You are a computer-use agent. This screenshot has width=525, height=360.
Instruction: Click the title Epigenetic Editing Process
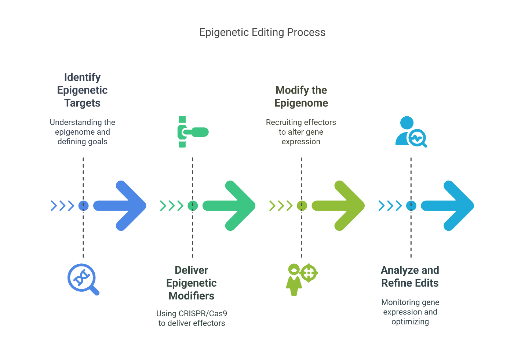[262, 32]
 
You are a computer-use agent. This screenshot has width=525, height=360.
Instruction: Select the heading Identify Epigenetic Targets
[83, 90]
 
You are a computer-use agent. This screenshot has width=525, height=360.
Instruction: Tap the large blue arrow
[121, 206]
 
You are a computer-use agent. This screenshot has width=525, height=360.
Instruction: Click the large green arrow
[230, 206]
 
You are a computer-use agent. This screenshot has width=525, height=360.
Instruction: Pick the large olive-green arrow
[339, 206]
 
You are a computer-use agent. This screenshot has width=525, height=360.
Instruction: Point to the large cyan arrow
[449, 206]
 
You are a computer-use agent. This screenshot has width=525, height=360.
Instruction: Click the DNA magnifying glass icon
[83, 279]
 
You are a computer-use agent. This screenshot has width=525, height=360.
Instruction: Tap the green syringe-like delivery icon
[192, 132]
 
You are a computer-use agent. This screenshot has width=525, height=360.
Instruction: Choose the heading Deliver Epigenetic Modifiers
[192, 283]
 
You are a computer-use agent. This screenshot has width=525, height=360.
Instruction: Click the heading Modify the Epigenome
[301, 97]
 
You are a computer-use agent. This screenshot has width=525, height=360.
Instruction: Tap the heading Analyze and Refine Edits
[410, 276]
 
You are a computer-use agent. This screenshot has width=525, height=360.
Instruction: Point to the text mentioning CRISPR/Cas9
[192, 318]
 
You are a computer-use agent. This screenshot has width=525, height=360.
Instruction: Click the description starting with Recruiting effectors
[301, 132]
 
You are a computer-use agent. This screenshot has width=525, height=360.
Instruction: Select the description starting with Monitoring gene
[410, 312]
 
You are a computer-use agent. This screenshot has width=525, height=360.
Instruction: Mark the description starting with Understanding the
[83, 132]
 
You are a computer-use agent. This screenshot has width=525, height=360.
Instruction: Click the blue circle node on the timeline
[83, 206]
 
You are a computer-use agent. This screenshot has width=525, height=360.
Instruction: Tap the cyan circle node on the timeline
[411, 206]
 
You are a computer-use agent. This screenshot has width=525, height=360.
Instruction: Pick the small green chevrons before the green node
[171, 206]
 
